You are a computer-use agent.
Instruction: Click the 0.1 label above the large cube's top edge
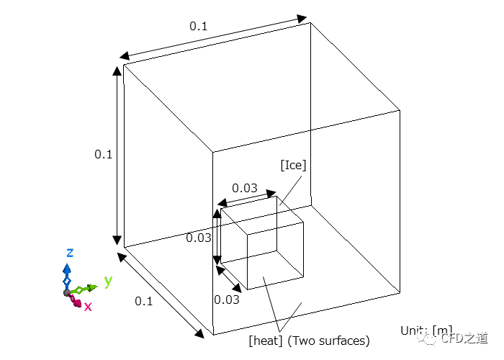pyautogui.click(x=198, y=26)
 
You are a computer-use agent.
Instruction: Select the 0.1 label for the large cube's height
pyautogui.click(x=103, y=154)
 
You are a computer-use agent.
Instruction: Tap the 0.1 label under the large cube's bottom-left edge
pyautogui.click(x=144, y=301)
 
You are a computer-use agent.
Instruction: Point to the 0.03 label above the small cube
pyautogui.click(x=245, y=188)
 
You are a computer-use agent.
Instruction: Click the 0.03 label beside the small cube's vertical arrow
pyautogui.click(x=199, y=238)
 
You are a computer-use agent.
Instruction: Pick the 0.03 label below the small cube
pyautogui.click(x=226, y=300)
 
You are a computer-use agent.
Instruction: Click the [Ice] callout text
pyautogui.click(x=293, y=165)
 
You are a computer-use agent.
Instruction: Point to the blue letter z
pyautogui.click(x=70, y=252)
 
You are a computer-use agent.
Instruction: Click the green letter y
pyautogui.click(x=108, y=281)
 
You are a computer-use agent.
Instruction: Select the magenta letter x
pyautogui.click(x=88, y=306)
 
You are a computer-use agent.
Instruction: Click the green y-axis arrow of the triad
pyautogui.click(x=85, y=289)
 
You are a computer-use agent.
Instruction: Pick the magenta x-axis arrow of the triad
pyautogui.click(x=76, y=300)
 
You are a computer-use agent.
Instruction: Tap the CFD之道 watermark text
pyautogui.click(x=464, y=337)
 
